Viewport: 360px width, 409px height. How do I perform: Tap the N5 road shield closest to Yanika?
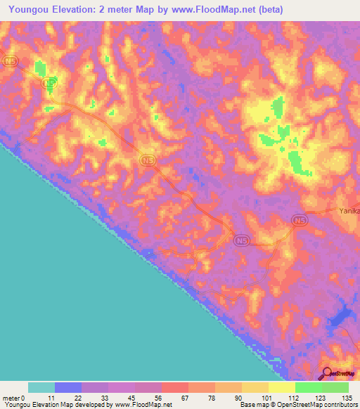[x=300, y=221]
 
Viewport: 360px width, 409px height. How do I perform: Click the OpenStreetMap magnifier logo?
[x=327, y=372]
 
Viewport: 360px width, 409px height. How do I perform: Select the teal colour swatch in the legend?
[x=41, y=387]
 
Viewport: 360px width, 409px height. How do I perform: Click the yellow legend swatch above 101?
[x=255, y=387]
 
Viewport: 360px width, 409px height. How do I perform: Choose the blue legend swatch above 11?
[x=68, y=387]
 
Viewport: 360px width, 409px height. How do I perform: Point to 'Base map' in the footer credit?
[x=254, y=405]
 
